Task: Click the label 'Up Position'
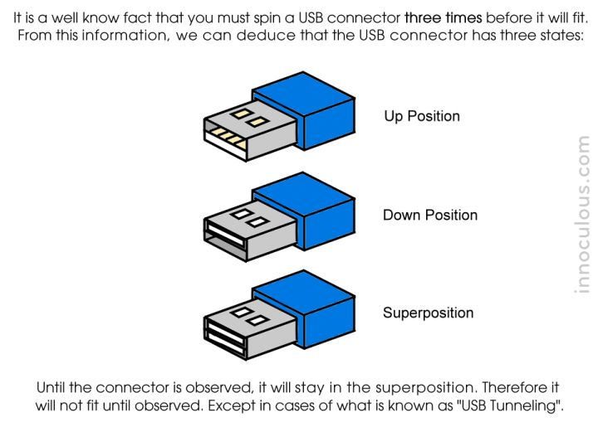pos(422,116)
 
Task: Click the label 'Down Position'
pos(430,216)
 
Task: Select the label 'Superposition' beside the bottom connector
pos(428,313)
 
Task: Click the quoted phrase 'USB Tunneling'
pos(516,407)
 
